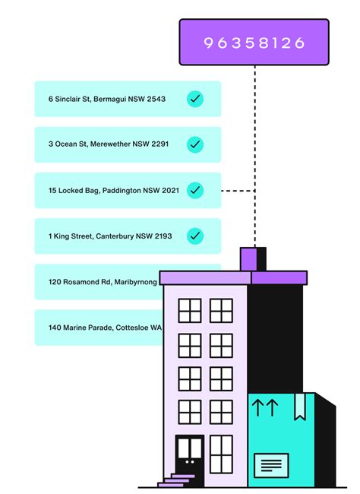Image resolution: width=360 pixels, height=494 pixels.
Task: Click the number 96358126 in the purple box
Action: point(254,43)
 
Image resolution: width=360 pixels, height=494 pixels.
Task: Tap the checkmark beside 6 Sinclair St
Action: point(195,99)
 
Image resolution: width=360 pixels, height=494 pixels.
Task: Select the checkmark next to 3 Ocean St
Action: point(195,144)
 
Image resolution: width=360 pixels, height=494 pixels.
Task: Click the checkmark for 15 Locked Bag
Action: point(195,190)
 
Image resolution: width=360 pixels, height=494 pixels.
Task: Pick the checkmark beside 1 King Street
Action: point(195,236)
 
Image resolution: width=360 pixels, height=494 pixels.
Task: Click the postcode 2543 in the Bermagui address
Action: point(156,99)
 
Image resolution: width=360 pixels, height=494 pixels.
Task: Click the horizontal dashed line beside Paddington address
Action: point(238,191)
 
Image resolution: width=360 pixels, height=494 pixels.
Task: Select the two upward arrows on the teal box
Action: point(265,407)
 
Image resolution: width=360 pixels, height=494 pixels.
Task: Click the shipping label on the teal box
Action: point(271,465)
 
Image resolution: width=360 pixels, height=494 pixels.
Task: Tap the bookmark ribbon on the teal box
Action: point(300,407)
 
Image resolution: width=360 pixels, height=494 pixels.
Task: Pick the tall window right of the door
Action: point(222,454)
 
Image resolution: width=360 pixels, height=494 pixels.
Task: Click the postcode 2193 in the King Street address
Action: point(163,236)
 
